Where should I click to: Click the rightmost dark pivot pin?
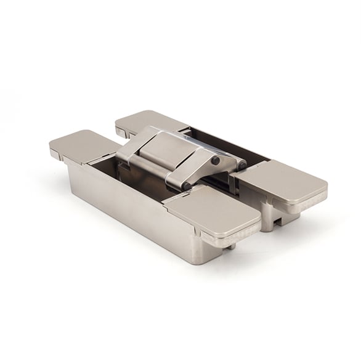coord(241,165)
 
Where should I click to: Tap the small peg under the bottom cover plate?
coord(232,246)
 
